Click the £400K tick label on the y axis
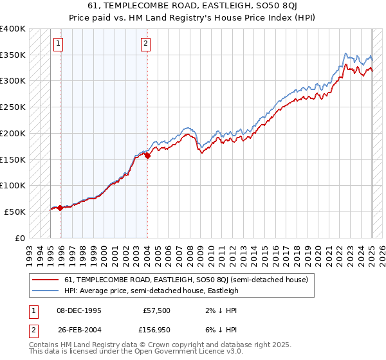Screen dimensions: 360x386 coord(13,29)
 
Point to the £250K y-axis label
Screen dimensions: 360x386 coord(13,107)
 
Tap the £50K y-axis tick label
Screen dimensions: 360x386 coord(15,212)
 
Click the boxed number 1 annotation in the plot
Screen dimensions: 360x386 coord(59,44)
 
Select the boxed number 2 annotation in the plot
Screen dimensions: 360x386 coord(146,44)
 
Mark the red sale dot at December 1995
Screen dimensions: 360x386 coord(60,208)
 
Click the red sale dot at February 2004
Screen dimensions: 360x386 coord(147,155)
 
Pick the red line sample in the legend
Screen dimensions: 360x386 coord(46,280)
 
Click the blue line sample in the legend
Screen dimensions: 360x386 coord(46,291)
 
